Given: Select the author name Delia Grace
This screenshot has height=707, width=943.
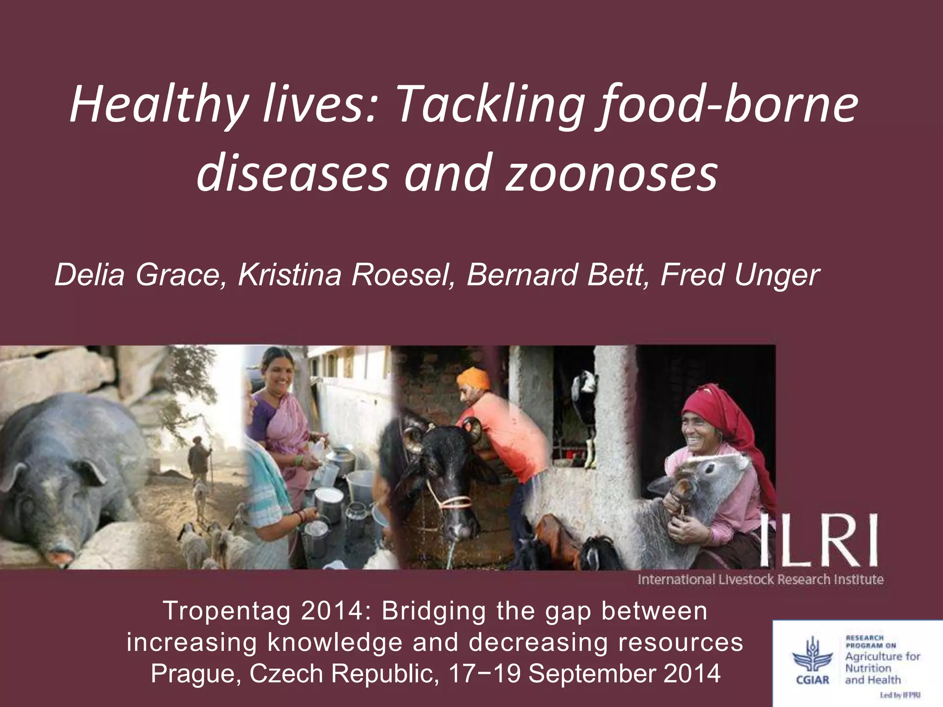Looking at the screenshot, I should point(138,275).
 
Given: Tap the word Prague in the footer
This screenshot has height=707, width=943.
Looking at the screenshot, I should point(196,673).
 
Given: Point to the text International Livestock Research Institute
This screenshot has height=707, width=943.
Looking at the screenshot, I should point(760,580).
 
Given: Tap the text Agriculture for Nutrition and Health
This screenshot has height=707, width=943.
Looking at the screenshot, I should point(881,668).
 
